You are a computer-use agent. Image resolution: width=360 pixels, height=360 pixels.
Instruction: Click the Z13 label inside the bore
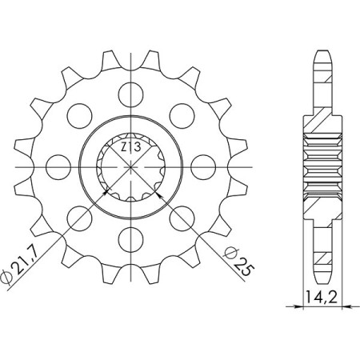point(130,147)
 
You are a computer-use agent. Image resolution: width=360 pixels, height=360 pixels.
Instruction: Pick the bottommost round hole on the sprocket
point(130,239)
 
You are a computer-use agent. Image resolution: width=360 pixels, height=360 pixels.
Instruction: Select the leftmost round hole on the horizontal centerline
point(55,166)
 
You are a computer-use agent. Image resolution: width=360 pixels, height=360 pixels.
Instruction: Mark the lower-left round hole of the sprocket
point(78,218)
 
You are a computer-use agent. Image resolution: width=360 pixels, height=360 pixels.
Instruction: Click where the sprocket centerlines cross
point(130,166)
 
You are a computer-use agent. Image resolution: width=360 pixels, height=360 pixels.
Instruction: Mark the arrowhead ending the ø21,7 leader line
point(103,192)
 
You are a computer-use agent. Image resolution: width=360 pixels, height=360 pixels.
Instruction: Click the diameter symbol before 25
point(229,252)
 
